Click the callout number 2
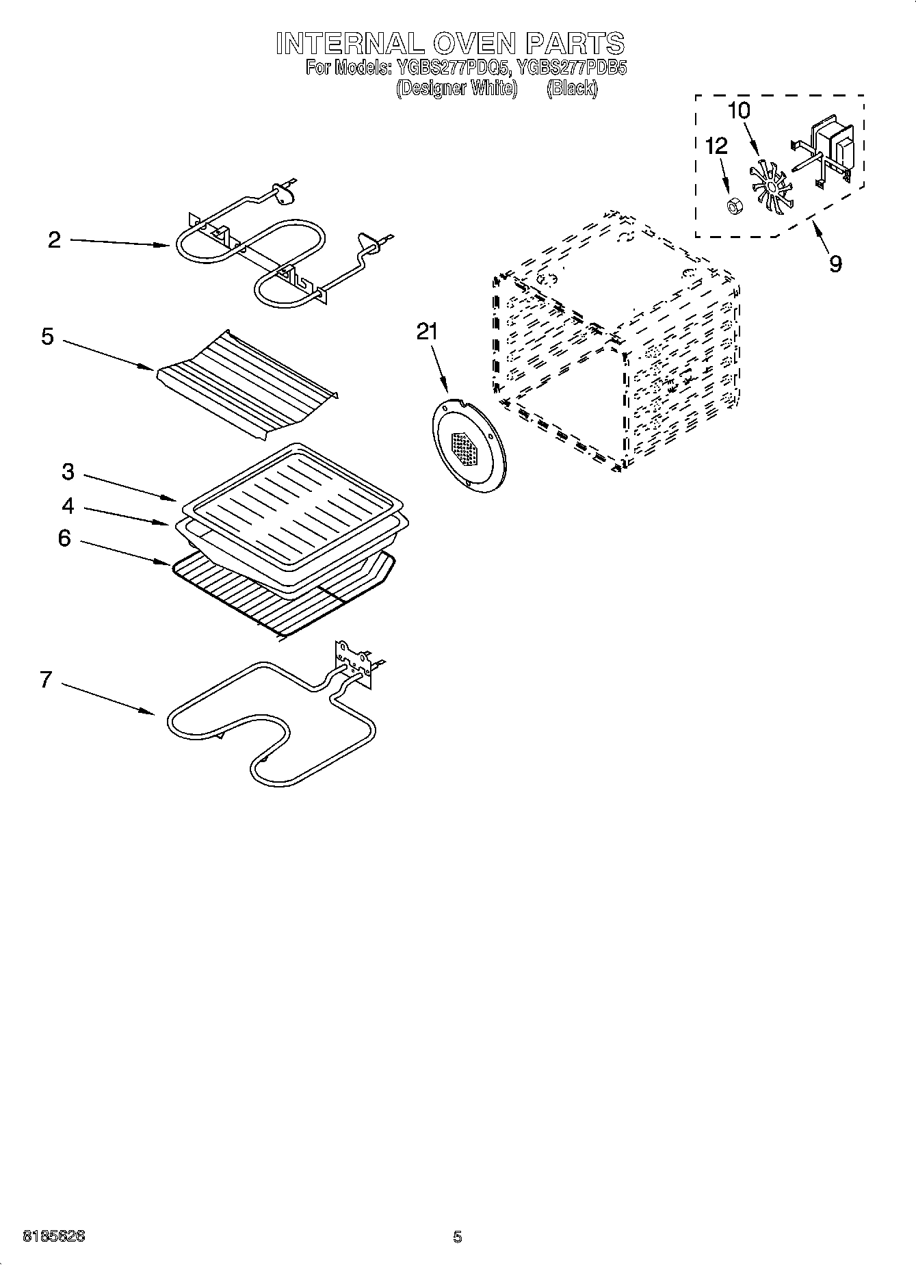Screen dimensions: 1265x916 [54, 240]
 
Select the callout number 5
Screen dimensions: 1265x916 [47, 337]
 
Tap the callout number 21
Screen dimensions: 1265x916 [427, 331]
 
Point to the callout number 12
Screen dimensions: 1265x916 [716, 146]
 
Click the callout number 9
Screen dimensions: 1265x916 [835, 264]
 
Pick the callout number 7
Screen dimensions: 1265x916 [46, 679]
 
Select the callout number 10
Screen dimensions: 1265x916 [738, 110]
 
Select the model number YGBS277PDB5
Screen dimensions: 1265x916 [571, 68]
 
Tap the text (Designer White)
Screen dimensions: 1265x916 [456, 89]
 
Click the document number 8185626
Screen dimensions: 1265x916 [54, 1236]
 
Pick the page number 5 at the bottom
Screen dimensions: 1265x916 [457, 1236]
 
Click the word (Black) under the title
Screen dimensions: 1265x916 [572, 89]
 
